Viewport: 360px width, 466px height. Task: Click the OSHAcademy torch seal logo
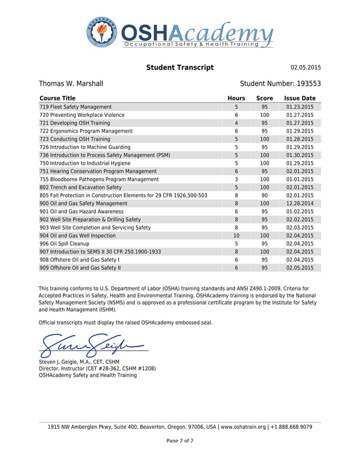[x=103, y=32]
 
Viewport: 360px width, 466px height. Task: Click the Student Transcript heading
[x=179, y=68]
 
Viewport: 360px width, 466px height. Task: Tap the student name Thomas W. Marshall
[x=71, y=83]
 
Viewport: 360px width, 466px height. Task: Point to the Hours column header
[x=236, y=98]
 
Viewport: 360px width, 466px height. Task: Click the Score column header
[x=264, y=98]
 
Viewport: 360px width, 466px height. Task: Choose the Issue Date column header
[x=300, y=98]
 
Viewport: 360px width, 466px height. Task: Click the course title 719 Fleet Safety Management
[x=76, y=107]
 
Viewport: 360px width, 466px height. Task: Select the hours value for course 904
[x=236, y=236]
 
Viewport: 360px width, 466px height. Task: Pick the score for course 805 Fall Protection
[x=264, y=195]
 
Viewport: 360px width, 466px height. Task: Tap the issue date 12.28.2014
[x=300, y=204]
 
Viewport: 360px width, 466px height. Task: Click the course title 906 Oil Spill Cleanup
[x=64, y=244]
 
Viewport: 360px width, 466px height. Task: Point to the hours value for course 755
[x=236, y=179]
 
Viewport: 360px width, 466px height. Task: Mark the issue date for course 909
[x=300, y=268]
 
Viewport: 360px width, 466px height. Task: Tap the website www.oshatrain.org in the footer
[x=243, y=427]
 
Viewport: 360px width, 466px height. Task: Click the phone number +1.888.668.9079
[x=291, y=427]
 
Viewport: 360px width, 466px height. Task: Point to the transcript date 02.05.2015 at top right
[x=305, y=68]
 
